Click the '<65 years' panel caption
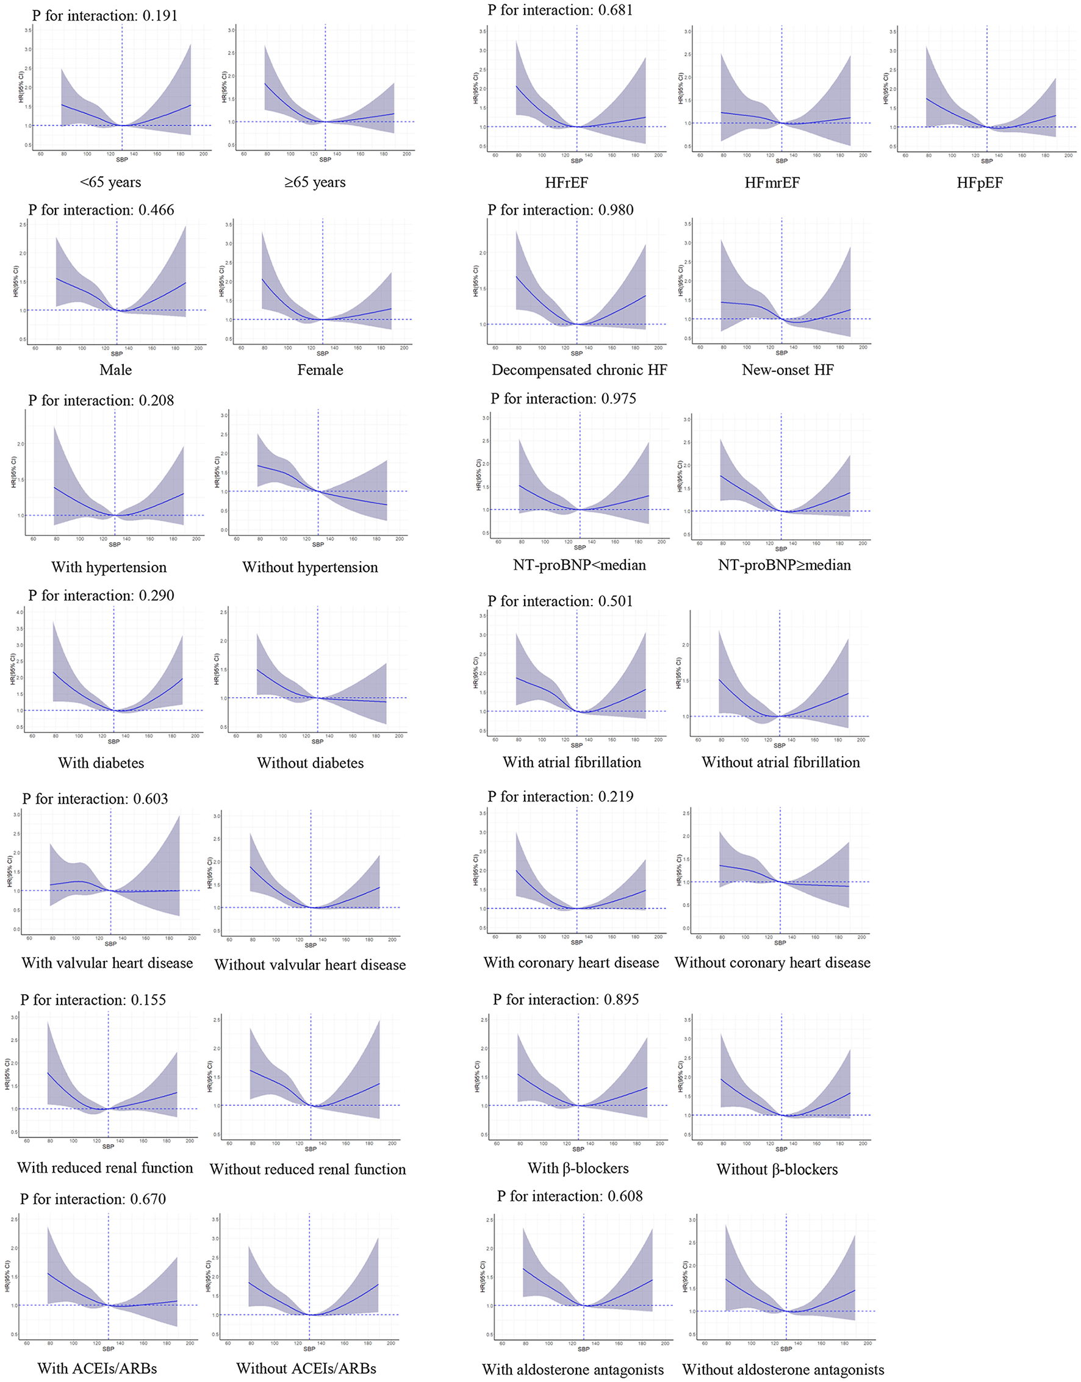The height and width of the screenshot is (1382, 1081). [110, 182]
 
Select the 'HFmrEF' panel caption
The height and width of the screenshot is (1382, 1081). [772, 183]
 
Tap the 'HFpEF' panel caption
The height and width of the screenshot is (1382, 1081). [980, 183]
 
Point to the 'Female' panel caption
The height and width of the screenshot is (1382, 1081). [320, 370]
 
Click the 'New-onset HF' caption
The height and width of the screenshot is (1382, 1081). [788, 370]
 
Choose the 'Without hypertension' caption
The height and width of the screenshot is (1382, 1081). [310, 567]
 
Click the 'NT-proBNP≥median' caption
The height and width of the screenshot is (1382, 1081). [784, 565]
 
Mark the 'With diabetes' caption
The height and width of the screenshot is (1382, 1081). [101, 762]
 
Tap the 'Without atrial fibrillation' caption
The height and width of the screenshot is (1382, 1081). [780, 762]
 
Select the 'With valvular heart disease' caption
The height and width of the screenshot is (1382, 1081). [107, 962]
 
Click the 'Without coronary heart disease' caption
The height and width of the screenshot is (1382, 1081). [772, 962]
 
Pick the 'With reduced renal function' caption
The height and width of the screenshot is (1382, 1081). [105, 1167]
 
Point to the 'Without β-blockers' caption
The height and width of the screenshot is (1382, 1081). [777, 1169]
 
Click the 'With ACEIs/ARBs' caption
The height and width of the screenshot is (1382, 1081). [97, 1368]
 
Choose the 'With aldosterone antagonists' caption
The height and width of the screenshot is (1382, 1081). [573, 1369]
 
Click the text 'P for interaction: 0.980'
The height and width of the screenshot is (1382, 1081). [560, 210]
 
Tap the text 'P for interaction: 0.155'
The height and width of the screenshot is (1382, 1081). [93, 1000]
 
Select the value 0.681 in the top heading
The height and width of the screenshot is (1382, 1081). [614, 10]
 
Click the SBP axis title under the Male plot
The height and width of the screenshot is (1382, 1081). [117, 354]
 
